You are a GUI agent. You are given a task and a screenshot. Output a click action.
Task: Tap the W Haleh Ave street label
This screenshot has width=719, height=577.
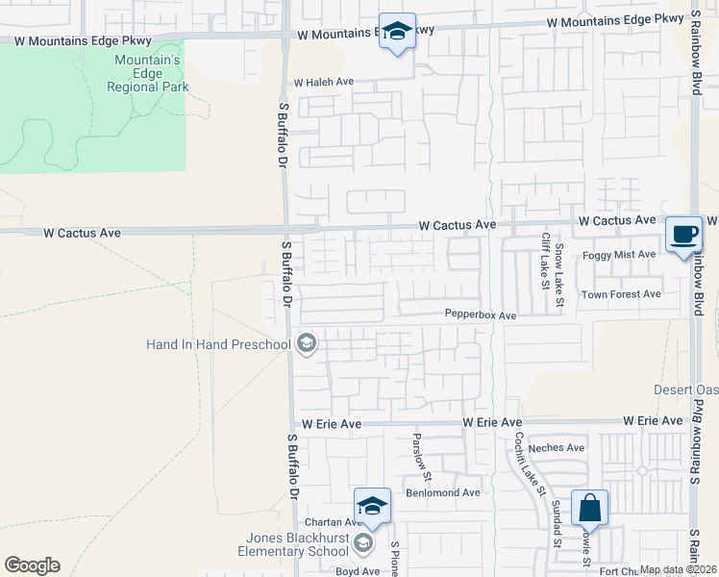click(x=325, y=84)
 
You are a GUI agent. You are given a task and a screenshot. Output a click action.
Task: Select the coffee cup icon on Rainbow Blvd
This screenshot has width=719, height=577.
click(x=683, y=234)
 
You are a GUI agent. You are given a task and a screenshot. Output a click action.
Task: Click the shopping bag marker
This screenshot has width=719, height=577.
click(x=589, y=506)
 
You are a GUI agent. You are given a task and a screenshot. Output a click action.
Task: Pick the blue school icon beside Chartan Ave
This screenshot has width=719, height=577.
click(x=372, y=506)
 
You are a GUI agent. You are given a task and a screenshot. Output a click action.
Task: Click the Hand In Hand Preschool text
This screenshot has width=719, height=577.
click(x=218, y=344)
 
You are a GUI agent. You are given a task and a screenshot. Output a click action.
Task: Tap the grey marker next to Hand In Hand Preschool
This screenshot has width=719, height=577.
click(x=307, y=343)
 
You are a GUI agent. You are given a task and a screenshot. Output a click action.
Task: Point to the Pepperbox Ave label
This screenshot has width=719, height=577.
click(x=481, y=314)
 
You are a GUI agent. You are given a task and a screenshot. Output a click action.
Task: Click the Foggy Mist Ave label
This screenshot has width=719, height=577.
click(x=619, y=255)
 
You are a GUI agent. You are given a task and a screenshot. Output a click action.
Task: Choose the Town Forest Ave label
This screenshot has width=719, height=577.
click(x=621, y=293)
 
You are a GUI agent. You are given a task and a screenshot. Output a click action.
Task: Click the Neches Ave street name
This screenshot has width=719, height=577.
click(x=563, y=448)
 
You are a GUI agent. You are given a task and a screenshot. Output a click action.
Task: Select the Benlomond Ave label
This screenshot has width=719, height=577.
click(x=443, y=492)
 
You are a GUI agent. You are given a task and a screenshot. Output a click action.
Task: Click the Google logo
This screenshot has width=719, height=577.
click(x=32, y=565)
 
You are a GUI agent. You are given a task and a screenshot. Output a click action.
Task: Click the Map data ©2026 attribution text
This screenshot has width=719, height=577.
click(x=677, y=569)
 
